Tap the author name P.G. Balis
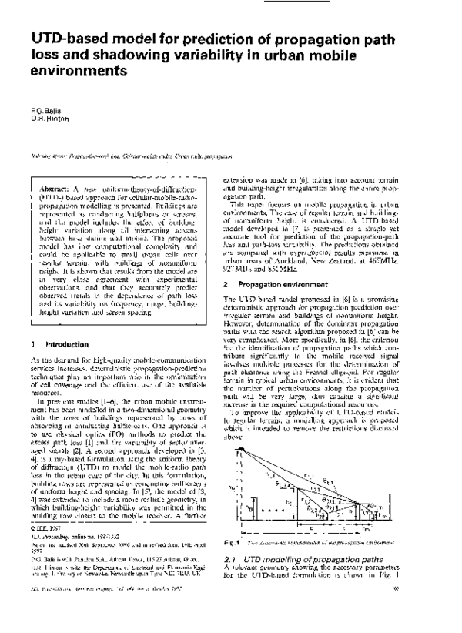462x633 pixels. [x=46, y=112]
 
